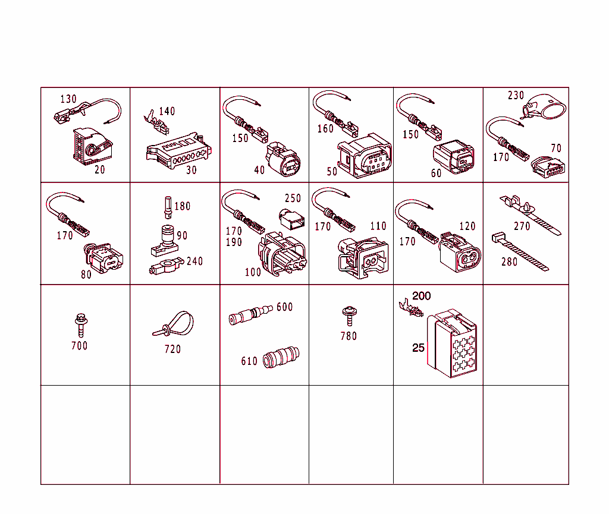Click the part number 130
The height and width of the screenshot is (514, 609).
click(x=68, y=99)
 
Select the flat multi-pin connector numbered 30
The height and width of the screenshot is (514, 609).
click(x=178, y=152)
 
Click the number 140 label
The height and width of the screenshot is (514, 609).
click(x=167, y=111)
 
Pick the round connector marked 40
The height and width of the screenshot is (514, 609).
click(x=282, y=159)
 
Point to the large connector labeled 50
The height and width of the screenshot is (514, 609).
click(x=365, y=156)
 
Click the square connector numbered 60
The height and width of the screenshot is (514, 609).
click(x=454, y=157)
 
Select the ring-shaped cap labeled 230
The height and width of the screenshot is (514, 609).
click(x=545, y=106)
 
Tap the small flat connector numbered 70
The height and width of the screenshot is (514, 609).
click(x=548, y=167)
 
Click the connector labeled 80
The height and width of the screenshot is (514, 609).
click(x=103, y=258)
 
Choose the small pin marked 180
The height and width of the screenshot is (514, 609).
click(x=168, y=207)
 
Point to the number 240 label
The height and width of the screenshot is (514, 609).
click(x=194, y=261)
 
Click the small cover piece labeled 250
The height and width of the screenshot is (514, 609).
click(x=291, y=219)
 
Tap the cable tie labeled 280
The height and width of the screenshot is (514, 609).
click(x=520, y=251)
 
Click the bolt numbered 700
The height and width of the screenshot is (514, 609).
click(x=81, y=325)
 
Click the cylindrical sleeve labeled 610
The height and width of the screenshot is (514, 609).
click(x=281, y=357)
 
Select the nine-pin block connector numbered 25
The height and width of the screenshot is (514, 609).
click(x=452, y=343)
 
